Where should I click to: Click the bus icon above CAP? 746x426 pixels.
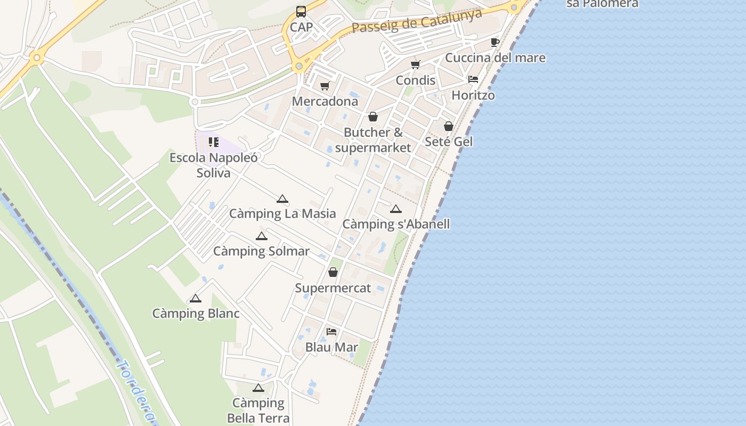click(x=301, y=11)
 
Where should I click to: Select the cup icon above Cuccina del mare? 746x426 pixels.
click(x=495, y=42)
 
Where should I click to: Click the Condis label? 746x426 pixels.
click(x=415, y=80)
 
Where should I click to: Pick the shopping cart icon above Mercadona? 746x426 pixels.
click(x=325, y=86)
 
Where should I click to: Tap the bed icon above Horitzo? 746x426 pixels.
click(x=473, y=79)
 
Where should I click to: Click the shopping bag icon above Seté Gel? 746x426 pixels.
click(x=449, y=126)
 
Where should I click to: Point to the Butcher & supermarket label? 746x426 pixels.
click(x=373, y=140)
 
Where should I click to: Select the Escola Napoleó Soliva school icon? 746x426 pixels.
click(x=213, y=142)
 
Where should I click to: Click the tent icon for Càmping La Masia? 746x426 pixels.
click(x=282, y=199)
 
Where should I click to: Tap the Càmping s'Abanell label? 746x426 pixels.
click(x=396, y=224)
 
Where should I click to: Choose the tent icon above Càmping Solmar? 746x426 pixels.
click(x=261, y=236)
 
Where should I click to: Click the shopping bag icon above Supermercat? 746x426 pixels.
click(x=333, y=273)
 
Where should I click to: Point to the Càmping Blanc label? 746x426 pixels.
click(x=196, y=314)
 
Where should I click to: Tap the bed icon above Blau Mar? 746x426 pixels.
click(x=331, y=332)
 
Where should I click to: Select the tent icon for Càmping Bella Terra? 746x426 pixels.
click(x=258, y=388)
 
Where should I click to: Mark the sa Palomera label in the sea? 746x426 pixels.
click(x=602, y=4)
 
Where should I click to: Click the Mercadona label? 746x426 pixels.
click(x=325, y=101)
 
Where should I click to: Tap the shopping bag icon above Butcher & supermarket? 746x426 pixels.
click(x=373, y=117)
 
